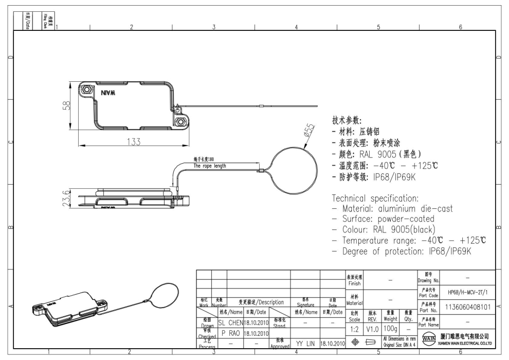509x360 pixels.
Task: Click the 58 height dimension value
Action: [x=64, y=106]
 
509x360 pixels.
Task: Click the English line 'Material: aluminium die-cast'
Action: [x=392, y=209]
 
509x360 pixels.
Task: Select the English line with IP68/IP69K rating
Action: [x=402, y=250]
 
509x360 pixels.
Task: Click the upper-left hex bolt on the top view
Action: [x=88, y=89]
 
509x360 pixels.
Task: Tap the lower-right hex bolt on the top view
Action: [x=181, y=122]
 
